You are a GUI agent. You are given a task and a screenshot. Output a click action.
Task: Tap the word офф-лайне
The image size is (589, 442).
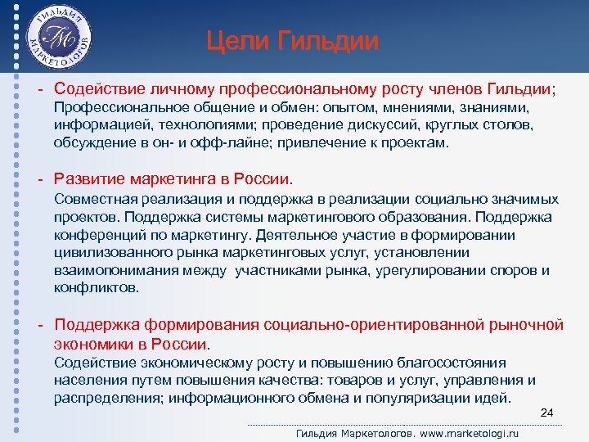238,142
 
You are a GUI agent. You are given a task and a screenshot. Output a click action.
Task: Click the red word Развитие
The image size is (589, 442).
88,178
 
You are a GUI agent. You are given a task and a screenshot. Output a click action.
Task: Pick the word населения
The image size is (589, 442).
86,380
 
